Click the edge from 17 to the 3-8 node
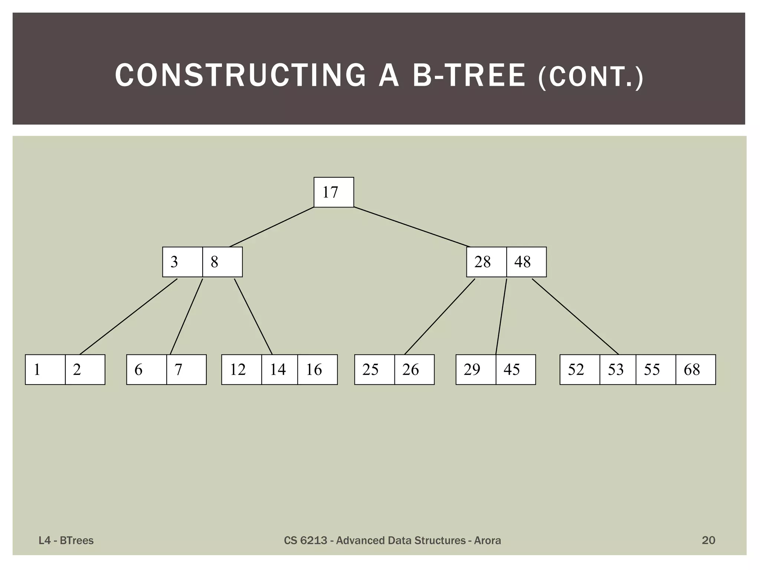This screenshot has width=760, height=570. click(x=272, y=227)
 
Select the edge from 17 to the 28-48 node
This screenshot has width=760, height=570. click(x=412, y=227)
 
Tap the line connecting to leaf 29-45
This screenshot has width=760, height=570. click(x=501, y=316)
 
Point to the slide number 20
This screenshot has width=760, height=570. click(x=708, y=540)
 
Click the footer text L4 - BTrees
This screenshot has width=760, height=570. click(x=66, y=541)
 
